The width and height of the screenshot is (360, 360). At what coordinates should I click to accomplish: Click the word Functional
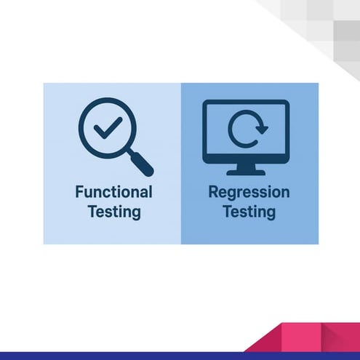pyautogui.click(x=113, y=193)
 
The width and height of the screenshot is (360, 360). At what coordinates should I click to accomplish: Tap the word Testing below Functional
pyautogui.click(x=113, y=212)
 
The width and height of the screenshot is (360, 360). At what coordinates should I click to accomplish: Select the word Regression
pyautogui.click(x=249, y=193)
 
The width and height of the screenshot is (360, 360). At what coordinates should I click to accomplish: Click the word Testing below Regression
pyautogui.click(x=249, y=212)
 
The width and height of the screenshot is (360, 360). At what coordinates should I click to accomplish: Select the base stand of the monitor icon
pyautogui.click(x=246, y=172)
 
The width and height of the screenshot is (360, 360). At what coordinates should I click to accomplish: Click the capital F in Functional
pyautogui.click(x=79, y=193)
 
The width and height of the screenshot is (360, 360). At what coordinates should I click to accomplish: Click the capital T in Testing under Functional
pyautogui.click(x=91, y=212)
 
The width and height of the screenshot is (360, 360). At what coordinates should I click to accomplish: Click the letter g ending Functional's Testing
pyautogui.click(x=135, y=215)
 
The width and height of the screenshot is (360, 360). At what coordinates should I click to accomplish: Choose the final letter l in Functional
pyautogui.click(x=150, y=192)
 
